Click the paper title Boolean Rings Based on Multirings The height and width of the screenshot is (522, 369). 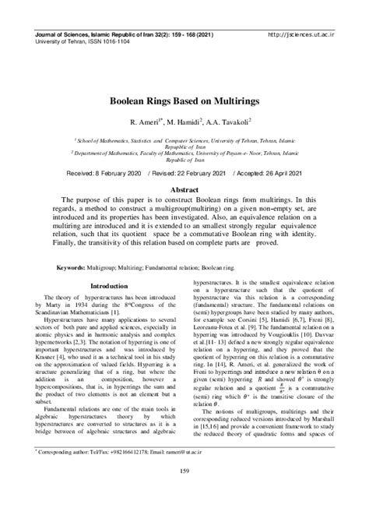(184, 102)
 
